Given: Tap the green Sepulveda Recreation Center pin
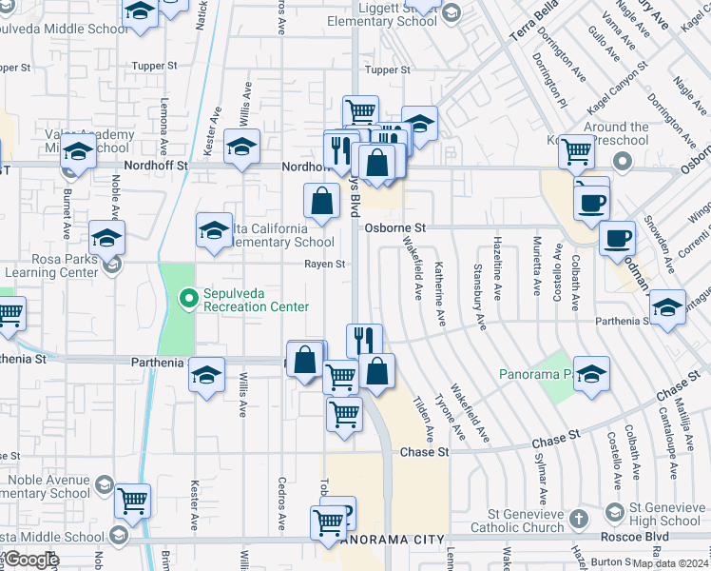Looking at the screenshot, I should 188,299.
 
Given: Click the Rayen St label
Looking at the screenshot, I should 324,264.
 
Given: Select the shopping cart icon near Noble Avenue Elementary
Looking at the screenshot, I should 133,499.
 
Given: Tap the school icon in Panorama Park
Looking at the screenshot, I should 591,374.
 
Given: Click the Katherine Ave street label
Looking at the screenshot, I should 440,294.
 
